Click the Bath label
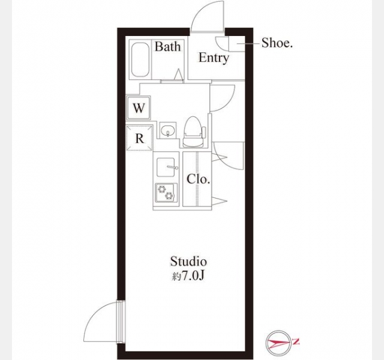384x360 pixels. point(168,47)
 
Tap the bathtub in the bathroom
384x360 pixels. point(140,60)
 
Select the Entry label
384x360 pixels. point(214,58)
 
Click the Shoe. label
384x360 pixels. point(277,43)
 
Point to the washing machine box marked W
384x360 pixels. point(139,108)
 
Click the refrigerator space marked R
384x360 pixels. point(139,138)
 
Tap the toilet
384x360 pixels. point(193,132)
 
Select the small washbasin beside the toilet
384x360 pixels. point(168,130)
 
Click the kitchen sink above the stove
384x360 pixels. point(166,167)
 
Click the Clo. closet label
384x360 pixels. point(198,179)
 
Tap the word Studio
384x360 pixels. point(188,262)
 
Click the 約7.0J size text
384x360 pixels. point(188,276)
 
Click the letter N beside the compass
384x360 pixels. point(296,341)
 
